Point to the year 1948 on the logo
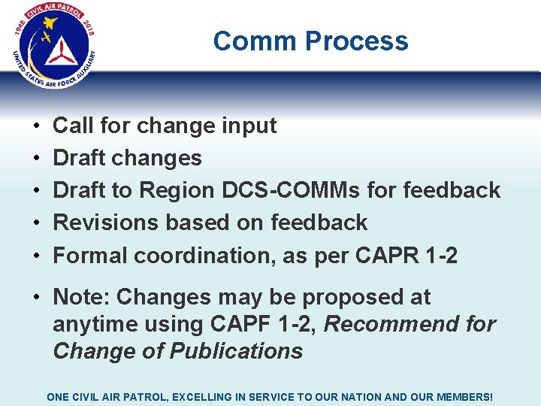click(20, 31)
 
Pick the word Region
click(175, 190)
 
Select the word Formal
click(90, 256)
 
